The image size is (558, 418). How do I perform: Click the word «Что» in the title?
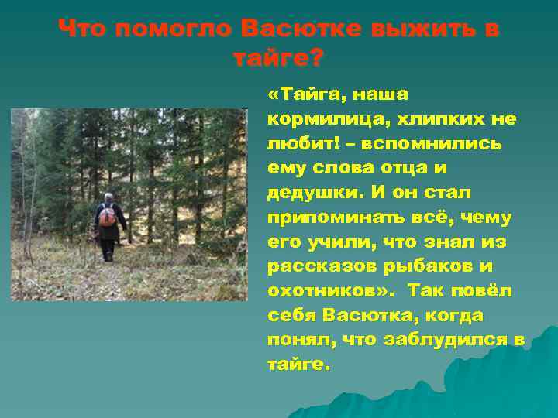click(x=81, y=29)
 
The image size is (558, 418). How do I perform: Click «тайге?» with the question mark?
click(x=279, y=57)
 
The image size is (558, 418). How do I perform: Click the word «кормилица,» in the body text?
click(x=329, y=119)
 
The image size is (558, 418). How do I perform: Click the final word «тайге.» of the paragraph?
click(x=299, y=365)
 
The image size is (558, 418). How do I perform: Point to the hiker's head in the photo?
click(x=109, y=198)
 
